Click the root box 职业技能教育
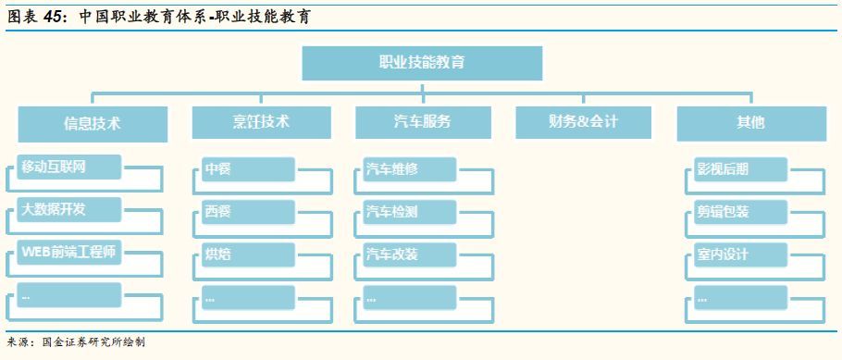pos(422,63)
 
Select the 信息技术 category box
pos(93,123)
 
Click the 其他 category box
pos(750,122)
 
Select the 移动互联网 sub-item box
pos(69,168)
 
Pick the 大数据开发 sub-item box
pos(69,209)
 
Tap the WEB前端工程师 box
pos(69,252)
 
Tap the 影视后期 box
pos(740,169)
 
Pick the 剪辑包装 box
pos(740,212)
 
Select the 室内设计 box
pos(740,254)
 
